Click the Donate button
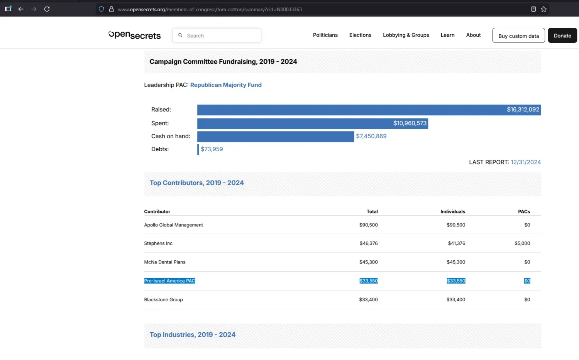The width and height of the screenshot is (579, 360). click(562, 35)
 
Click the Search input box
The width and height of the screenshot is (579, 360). click(217, 35)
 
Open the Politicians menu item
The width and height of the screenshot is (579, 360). click(325, 35)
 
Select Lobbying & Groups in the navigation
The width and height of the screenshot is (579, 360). click(406, 35)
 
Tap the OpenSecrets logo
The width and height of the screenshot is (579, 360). click(134, 35)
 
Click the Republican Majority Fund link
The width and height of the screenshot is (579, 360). click(226, 85)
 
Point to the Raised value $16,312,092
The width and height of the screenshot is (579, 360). click(523, 110)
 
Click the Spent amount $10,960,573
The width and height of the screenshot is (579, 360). click(410, 123)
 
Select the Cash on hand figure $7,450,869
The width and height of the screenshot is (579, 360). click(371, 136)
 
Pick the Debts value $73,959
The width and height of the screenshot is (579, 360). click(212, 149)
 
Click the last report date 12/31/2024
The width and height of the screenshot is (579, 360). click(525, 162)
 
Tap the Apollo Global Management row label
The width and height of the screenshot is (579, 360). click(173, 225)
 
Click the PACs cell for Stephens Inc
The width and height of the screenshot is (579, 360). click(522, 243)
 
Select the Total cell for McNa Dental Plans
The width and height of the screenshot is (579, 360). click(368, 262)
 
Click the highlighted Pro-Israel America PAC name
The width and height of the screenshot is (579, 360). click(169, 281)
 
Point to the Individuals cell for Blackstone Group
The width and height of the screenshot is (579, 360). click(456, 299)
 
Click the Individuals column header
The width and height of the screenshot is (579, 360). click(453, 211)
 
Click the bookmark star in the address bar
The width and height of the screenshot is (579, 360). click(543, 9)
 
